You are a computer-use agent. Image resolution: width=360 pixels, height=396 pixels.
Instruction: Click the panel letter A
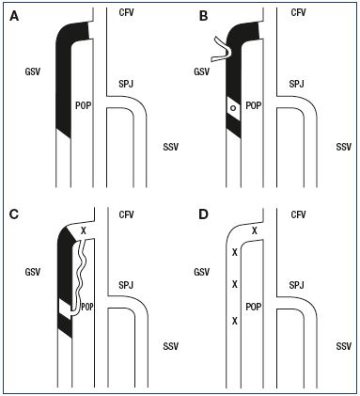(x=14, y=16)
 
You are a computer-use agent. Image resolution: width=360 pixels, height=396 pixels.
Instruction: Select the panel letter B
(x=203, y=16)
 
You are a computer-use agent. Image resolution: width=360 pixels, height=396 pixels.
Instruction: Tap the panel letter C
(x=14, y=214)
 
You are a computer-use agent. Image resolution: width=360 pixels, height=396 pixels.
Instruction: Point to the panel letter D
(x=204, y=214)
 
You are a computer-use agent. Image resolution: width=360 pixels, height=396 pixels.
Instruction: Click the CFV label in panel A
(x=127, y=12)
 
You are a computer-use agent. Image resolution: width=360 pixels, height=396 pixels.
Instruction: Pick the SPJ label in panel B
(x=297, y=84)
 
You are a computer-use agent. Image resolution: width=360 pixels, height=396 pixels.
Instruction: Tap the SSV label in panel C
(x=171, y=346)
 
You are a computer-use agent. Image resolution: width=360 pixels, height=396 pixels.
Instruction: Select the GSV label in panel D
(x=202, y=272)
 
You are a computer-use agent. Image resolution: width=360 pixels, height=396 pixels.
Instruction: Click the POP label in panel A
(x=84, y=105)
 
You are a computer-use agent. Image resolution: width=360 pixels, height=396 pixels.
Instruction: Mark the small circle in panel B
(x=233, y=108)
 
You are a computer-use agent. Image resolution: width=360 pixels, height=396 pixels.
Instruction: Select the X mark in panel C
(x=84, y=231)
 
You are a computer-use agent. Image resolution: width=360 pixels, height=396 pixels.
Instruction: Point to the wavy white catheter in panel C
(x=78, y=276)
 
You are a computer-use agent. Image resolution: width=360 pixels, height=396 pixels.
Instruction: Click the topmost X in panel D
(x=255, y=231)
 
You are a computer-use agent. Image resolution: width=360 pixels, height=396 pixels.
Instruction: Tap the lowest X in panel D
(x=235, y=321)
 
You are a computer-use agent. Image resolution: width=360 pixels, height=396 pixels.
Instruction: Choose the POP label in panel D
(x=254, y=307)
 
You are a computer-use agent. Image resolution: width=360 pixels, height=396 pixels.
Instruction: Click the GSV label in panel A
(x=33, y=71)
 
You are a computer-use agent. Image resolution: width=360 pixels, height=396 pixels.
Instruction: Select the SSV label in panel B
(x=344, y=147)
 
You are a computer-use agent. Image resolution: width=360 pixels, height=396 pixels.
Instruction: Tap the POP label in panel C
(x=87, y=307)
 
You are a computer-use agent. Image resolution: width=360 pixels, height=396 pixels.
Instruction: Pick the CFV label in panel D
(x=298, y=214)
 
